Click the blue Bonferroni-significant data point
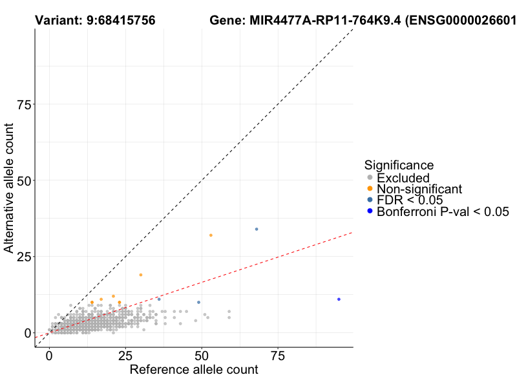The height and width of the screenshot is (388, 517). coord(339,299)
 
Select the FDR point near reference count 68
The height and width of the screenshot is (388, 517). coord(257,229)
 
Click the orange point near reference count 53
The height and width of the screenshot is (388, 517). coord(211,235)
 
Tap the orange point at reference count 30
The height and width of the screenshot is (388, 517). coord(141,275)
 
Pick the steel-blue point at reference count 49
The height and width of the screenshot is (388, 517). coord(198,302)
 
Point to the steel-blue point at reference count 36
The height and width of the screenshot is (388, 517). coord(159,299)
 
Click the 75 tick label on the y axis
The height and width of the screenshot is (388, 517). coord(25,105)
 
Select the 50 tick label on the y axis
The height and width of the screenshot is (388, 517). coord(25,180)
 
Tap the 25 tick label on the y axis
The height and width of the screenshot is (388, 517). coord(25,257)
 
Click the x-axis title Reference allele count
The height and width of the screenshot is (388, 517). coord(194,370)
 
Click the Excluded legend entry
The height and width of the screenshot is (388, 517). coord(403,178)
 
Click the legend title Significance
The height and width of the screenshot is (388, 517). coord(399,165)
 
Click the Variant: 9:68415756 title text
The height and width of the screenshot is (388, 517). coord(94,21)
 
